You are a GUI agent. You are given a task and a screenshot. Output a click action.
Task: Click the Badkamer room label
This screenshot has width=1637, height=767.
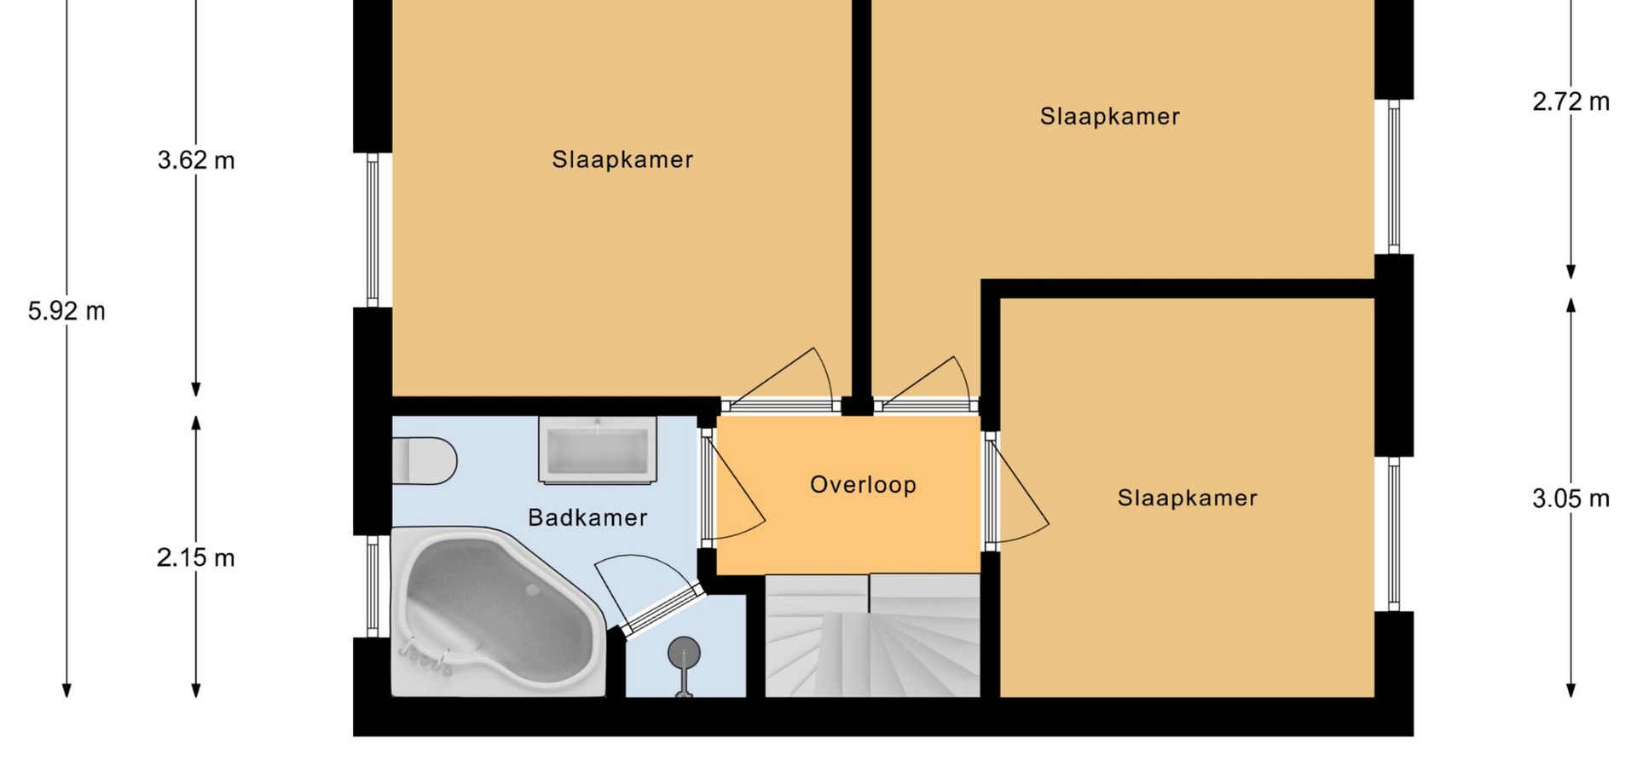587,517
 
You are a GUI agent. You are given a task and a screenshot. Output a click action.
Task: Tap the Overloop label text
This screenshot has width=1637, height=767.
863,485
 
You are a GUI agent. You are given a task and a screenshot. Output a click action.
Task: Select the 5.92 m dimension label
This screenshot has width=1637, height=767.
67,311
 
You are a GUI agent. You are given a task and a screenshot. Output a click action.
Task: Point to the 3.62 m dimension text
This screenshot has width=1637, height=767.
196,160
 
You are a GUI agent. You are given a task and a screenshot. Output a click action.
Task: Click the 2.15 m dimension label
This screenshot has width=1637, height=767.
196,557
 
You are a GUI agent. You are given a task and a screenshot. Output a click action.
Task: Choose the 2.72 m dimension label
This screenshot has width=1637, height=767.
1571,101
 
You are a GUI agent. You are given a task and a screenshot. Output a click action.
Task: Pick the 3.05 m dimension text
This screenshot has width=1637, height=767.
1571,499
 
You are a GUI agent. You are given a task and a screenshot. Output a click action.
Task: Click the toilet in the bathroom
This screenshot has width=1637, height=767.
424,461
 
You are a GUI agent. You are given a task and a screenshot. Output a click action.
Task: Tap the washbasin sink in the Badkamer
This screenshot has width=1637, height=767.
598,449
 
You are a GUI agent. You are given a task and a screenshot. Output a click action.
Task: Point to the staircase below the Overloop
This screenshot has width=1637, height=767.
872,636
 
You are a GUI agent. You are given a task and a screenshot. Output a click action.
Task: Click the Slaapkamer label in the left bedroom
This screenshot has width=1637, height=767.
622,159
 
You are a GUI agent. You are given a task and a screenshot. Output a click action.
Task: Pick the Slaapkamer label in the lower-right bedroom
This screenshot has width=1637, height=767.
1188,498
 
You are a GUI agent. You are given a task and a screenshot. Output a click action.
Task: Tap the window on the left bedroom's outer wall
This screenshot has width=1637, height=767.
373,230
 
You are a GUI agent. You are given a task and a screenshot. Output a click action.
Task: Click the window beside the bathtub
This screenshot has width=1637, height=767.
373,586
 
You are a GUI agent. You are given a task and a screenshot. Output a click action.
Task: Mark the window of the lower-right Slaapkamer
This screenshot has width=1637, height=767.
1394,534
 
